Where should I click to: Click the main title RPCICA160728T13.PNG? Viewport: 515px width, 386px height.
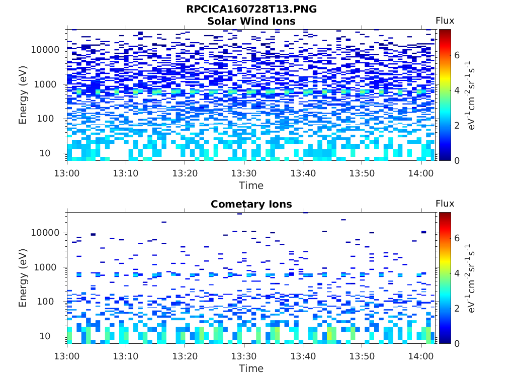coord(251,9)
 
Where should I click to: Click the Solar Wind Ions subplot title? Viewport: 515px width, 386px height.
coord(251,21)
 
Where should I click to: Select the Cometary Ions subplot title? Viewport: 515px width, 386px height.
coord(251,204)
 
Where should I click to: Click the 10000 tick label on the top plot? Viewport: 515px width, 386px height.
coord(45,50)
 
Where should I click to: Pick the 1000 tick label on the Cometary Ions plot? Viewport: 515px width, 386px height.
coord(48,267)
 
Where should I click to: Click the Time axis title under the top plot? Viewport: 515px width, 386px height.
coord(251,185)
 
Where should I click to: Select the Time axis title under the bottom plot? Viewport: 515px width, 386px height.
coord(251,368)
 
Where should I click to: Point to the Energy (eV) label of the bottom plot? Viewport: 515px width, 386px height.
coord(23,278)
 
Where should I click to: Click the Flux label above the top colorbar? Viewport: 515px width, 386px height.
coord(445,21)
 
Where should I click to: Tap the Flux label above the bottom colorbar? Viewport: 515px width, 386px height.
coord(445,204)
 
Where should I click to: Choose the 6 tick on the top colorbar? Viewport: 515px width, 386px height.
coord(457,55)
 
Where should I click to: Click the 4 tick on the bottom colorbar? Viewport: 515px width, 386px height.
coord(457,273)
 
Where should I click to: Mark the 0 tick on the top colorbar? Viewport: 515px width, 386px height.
coord(457,160)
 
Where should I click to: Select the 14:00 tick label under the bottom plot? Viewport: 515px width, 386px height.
coord(420,356)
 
